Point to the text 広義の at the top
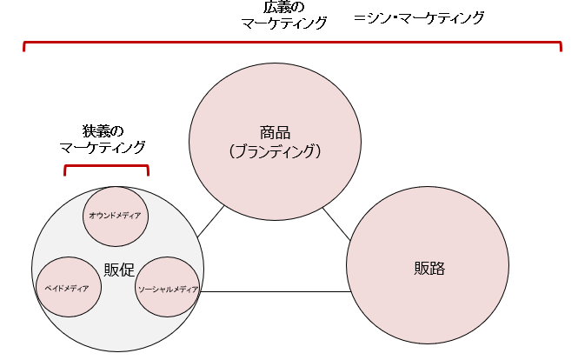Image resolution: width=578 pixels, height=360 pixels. coord(284,8)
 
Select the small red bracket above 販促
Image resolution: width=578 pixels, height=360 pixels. coord(106,165)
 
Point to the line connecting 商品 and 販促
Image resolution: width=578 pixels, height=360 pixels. coord(210,223)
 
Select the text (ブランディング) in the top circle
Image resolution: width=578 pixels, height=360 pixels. coord(275,151)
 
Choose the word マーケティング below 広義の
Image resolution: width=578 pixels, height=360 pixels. coord(284,24)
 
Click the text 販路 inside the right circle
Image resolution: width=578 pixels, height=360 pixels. coord(429,268)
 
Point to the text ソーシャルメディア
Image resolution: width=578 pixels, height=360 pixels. coord(169,289)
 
